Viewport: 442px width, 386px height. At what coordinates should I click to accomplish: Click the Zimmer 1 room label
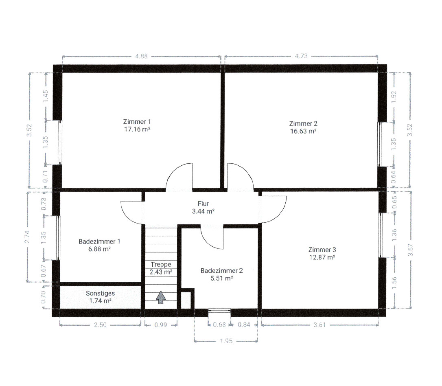(137, 122)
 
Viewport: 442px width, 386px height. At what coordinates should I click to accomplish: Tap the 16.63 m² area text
(303, 131)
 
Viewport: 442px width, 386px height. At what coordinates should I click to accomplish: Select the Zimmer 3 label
(322, 250)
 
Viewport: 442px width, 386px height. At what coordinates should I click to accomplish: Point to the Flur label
(203, 204)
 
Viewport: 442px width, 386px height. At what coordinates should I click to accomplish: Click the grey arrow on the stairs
(161, 298)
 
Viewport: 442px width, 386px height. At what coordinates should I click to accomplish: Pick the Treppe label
(161, 265)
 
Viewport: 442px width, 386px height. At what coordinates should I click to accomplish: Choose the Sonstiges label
(101, 294)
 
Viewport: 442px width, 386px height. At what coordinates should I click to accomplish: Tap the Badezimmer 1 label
(99, 241)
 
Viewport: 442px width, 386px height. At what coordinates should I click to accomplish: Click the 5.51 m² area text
(221, 278)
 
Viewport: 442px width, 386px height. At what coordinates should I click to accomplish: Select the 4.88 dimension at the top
(141, 56)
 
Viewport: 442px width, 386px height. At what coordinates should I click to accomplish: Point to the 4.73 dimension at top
(301, 56)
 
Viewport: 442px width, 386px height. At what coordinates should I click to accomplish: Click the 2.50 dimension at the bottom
(100, 325)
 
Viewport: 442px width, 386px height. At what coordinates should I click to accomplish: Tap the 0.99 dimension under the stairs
(161, 325)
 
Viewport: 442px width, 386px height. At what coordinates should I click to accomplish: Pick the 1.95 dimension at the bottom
(226, 341)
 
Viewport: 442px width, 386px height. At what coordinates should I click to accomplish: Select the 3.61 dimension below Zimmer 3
(319, 325)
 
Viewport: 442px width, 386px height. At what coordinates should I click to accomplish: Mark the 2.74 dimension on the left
(27, 237)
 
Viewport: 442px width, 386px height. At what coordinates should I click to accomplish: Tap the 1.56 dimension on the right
(394, 283)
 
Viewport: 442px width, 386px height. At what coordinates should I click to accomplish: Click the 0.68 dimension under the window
(219, 325)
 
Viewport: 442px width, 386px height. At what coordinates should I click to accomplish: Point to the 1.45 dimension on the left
(46, 96)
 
